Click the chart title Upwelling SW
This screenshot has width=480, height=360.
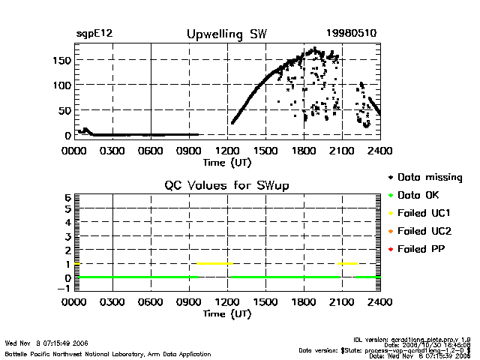point(226,34)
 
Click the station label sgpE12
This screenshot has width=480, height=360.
point(94,34)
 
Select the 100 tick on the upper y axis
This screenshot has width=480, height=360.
point(62,85)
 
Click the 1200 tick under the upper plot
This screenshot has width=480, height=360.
point(227,150)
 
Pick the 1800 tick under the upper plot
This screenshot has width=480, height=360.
point(304,150)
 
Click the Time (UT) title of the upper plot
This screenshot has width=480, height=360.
point(227,161)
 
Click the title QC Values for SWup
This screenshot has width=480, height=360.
point(226,185)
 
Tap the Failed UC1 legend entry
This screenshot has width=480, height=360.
point(424,213)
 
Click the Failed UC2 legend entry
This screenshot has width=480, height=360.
point(424,231)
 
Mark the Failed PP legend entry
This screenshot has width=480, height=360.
point(422,248)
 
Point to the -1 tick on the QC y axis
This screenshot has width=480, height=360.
point(65,288)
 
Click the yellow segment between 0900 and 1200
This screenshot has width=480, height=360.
point(214,263)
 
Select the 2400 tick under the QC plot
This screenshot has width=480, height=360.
point(380,303)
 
